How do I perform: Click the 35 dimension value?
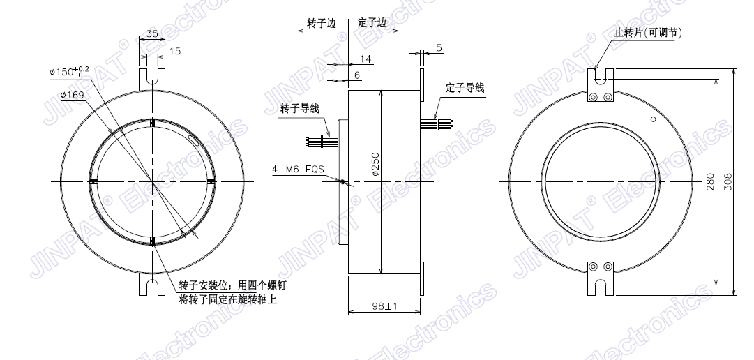(x=153, y=33)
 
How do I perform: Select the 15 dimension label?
(x=176, y=51)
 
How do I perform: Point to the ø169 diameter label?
(x=73, y=96)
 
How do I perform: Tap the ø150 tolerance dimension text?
(x=69, y=72)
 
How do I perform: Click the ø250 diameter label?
(x=375, y=164)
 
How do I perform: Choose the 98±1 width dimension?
(x=384, y=305)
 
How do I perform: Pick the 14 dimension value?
(x=365, y=59)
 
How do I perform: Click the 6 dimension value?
(x=357, y=75)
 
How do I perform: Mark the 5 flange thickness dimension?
(x=439, y=47)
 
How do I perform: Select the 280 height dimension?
(x=710, y=182)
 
